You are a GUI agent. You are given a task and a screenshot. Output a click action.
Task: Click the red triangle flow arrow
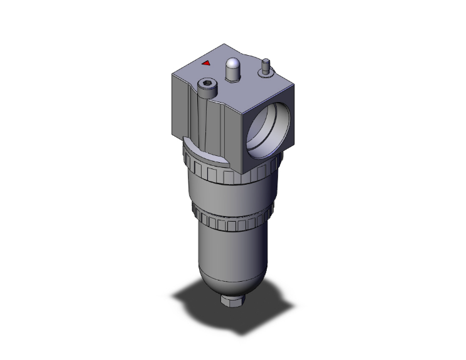pyautogui.click(x=206, y=63)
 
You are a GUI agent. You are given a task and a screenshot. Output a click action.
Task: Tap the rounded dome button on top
pyautogui.click(x=232, y=64)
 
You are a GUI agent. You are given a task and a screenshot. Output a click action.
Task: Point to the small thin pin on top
pyautogui.click(x=266, y=63)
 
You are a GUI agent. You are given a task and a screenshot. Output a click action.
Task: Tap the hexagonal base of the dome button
pyautogui.click(x=232, y=76)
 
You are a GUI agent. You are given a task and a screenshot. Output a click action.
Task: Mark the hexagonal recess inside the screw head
pyautogui.click(x=208, y=85)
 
